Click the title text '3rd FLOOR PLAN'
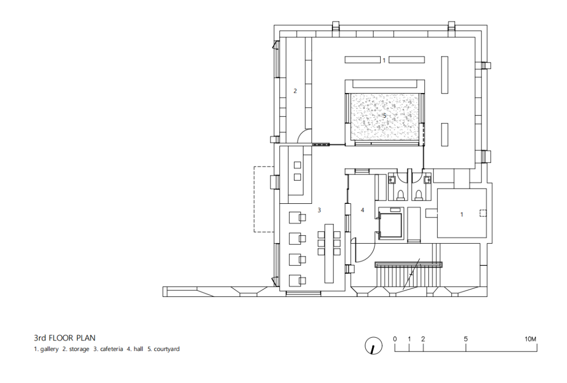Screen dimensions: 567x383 point(65,338)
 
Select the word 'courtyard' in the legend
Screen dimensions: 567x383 point(167,349)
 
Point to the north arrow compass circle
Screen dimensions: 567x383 point(374,346)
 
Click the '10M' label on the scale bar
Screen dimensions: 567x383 point(530,339)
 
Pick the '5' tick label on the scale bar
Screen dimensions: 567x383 point(466,339)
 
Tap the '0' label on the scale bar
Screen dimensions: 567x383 point(395,339)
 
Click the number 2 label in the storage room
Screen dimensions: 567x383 point(295,91)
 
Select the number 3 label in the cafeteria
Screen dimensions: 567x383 point(319,210)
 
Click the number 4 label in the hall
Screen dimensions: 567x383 point(362,210)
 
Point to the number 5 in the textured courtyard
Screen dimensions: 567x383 point(384,116)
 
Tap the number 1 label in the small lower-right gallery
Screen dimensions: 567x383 point(461,215)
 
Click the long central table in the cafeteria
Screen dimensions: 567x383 point(329,253)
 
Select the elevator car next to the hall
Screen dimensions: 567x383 point(390,225)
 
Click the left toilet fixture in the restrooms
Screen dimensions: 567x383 point(401,195)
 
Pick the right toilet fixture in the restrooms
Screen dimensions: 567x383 point(418,195)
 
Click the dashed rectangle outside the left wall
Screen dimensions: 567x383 point(255,199)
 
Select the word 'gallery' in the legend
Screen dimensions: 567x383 point(49,349)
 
